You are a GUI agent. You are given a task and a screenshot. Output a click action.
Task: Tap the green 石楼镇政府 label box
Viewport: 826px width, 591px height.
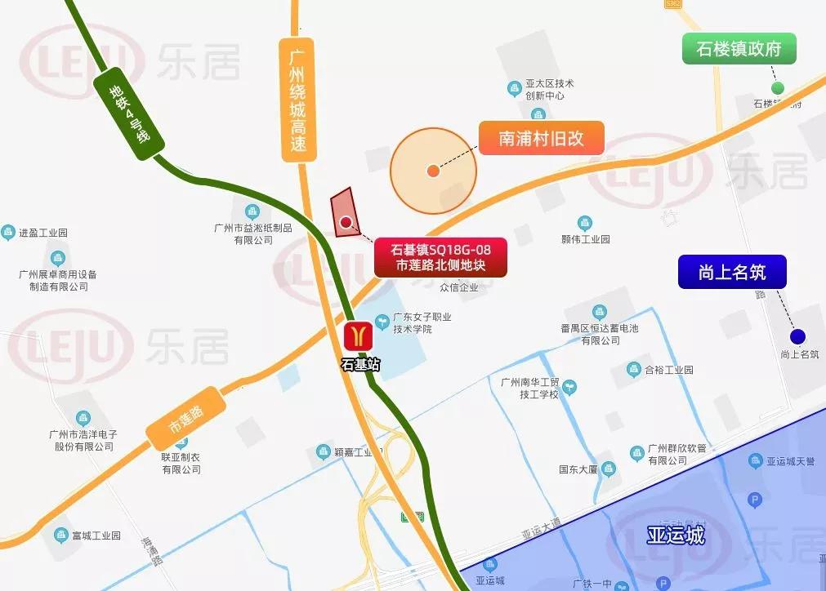coord(739,49)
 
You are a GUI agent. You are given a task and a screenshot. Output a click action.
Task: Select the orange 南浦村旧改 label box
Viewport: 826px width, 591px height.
coord(541,138)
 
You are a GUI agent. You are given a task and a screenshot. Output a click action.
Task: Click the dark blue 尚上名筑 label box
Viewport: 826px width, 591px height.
coord(732,272)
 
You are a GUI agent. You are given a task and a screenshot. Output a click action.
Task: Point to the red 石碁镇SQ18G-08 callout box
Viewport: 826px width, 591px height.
coord(440,256)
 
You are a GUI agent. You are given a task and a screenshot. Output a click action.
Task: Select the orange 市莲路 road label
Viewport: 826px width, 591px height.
coord(185,418)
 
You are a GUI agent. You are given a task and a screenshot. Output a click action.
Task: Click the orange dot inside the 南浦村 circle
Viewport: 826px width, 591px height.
coord(432,171)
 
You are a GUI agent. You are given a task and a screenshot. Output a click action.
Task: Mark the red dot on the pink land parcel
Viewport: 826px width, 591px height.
coord(346,221)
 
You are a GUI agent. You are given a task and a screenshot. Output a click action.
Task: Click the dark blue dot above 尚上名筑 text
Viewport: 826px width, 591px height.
coord(797,336)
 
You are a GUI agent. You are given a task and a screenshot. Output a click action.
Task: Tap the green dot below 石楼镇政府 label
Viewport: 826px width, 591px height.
coord(778,87)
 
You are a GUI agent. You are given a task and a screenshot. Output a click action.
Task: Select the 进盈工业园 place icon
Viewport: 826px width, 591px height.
coord(9,233)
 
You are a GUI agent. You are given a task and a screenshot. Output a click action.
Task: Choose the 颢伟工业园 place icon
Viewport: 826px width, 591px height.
coord(585,223)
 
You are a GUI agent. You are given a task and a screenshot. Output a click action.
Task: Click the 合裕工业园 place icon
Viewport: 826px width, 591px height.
coord(633,370)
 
